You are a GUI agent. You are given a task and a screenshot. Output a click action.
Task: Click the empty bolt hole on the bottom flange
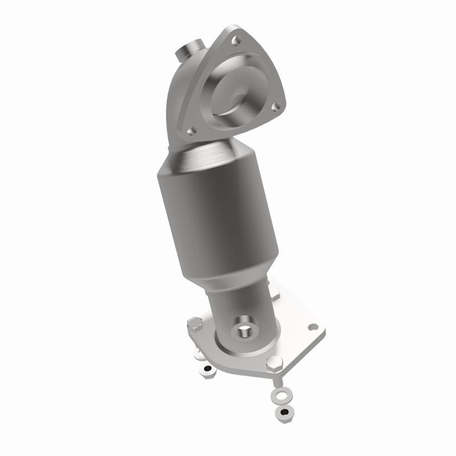click(x=312, y=327)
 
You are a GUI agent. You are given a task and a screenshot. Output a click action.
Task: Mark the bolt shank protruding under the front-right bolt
click(x=275, y=378)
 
